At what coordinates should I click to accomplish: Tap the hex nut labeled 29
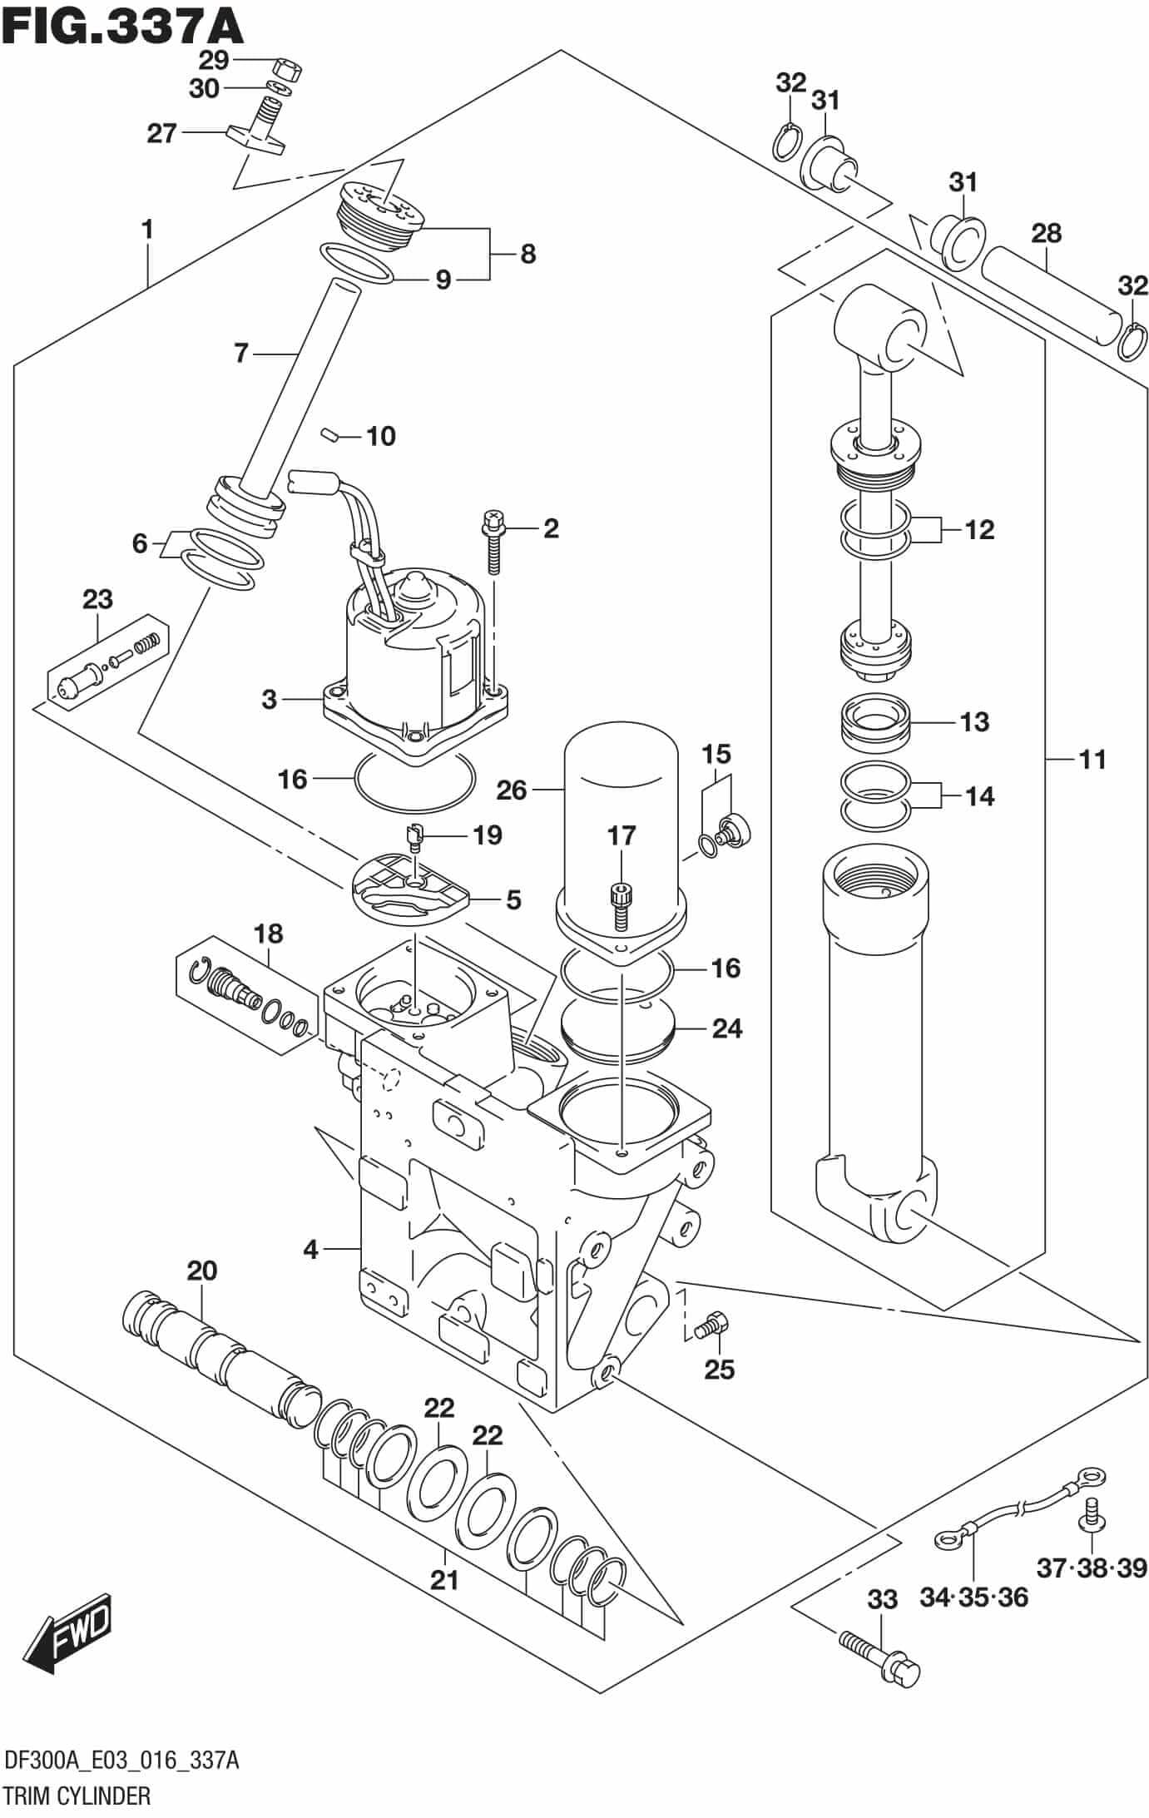point(287,69)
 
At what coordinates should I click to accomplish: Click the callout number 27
point(161,133)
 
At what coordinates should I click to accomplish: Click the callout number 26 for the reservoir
point(512,790)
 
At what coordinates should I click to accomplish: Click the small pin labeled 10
point(330,433)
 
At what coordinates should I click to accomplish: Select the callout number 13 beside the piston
point(973,721)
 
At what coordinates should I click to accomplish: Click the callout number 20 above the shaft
point(201,1271)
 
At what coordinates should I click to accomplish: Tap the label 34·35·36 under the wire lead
point(973,1598)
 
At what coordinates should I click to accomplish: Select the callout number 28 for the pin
point(1046,233)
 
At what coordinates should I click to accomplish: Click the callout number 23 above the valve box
point(97,599)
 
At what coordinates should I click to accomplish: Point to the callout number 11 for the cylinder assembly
point(1092,759)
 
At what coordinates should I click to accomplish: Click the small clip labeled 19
point(416,834)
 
